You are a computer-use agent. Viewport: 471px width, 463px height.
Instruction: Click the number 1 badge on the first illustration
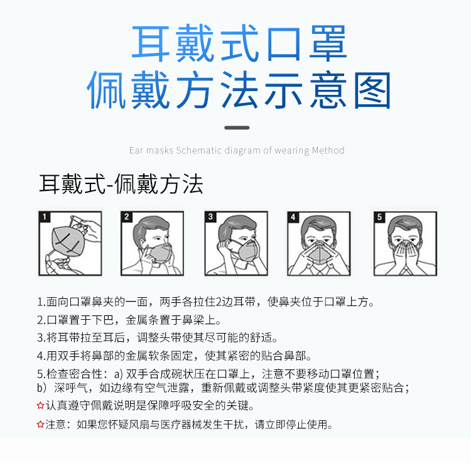(x=45, y=217)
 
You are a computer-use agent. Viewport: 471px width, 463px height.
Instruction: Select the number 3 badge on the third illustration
(x=212, y=217)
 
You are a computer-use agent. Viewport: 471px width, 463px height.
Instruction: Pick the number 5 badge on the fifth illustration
(x=379, y=217)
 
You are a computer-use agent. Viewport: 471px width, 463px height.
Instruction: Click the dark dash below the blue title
(x=237, y=128)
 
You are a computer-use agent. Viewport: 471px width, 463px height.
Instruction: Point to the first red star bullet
(x=41, y=406)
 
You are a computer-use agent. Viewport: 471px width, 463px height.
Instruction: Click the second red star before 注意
(x=41, y=425)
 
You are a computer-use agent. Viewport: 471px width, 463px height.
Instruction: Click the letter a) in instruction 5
(x=117, y=373)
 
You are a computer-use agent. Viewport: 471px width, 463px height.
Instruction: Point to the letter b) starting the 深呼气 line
(x=41, y=388)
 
